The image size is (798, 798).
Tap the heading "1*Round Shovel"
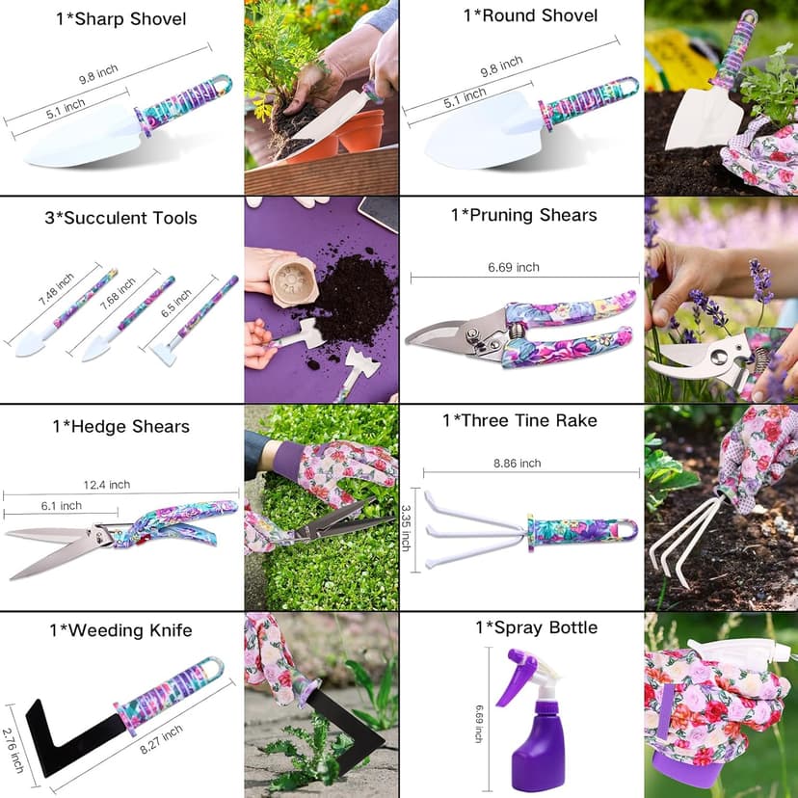530,15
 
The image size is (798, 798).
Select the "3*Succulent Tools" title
120,218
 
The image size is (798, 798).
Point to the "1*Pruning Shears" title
523,215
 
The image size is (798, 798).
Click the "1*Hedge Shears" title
120,426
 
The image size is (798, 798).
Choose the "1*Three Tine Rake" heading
519,420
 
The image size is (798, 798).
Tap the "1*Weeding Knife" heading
120,631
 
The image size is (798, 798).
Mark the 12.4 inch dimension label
106,485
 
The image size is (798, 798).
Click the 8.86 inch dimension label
517,464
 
